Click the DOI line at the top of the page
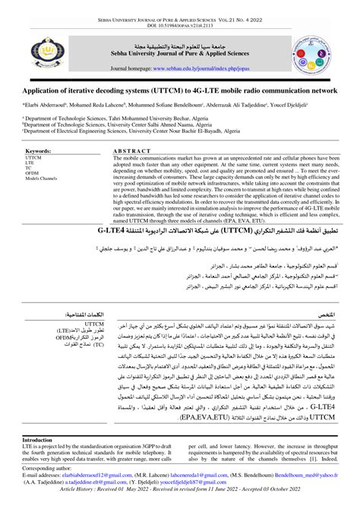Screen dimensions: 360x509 click(179, 23)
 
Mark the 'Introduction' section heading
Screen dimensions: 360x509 click(39, 441)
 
